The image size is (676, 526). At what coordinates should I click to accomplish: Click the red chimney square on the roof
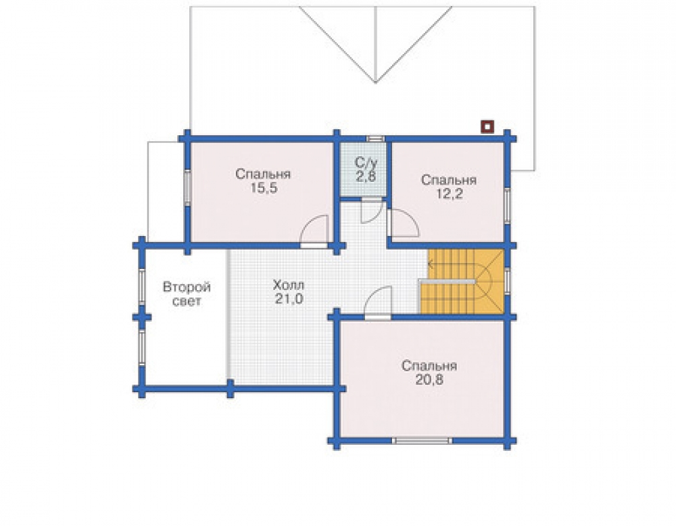(x=487, y=126)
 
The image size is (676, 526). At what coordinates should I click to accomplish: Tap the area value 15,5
(x=264, y=189)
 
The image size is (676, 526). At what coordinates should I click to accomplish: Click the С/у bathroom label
(x=366, y=162)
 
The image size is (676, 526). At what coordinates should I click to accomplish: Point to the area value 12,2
(x=450, y=194)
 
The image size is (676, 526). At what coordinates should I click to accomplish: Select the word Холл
(x=289, y=285)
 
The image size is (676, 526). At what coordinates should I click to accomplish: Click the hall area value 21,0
(x=289, y=299)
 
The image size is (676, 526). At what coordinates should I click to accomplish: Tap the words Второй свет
(x=187, y=293)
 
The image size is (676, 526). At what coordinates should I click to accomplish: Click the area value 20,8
(x=429, y=380)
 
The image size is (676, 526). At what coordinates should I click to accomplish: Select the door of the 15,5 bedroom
(x=314, y=231)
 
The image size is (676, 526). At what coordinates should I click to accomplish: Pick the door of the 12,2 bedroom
(x=403, y=223)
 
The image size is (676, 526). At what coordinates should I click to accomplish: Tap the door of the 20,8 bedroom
(x=378, y=303)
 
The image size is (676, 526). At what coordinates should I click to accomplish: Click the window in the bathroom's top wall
(x=375, y=139)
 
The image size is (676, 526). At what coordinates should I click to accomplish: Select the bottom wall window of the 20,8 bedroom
(x=422, y=441)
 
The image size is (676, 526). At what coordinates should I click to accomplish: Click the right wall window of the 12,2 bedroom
(x=507, y=206)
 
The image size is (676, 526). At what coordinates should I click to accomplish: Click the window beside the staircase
(x=508, y=281)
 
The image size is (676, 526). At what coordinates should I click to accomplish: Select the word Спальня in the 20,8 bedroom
(x=429, y=366)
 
